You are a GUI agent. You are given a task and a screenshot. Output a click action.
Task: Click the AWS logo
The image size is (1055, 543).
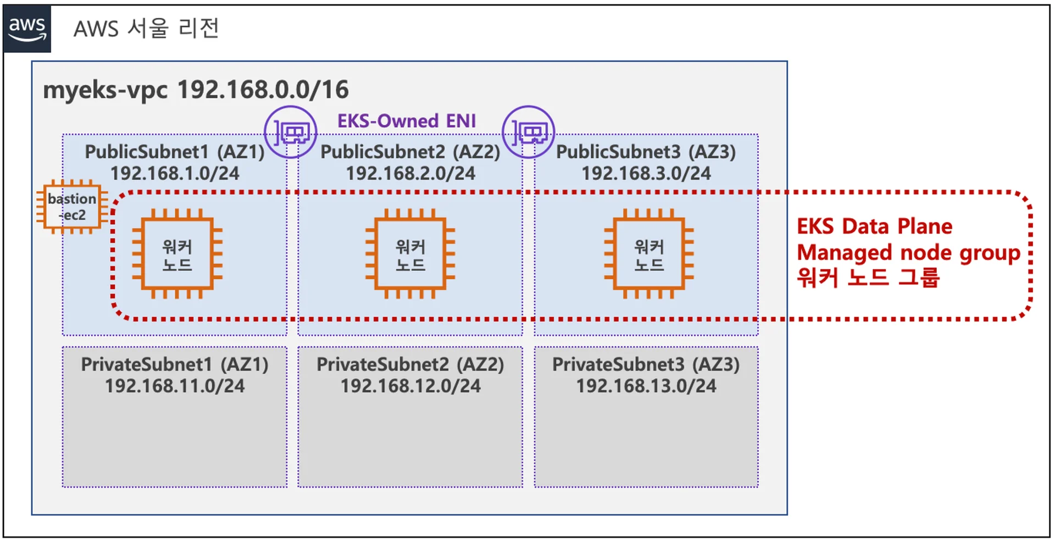(x=27, y=29)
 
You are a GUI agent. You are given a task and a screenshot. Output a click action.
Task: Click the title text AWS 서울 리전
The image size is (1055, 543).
(x=146, y=28)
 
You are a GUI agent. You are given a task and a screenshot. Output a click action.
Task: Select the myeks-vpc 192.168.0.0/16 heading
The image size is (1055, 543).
(x=196, y=90)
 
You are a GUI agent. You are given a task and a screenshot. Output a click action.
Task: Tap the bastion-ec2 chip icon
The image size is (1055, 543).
(x=72, y=207)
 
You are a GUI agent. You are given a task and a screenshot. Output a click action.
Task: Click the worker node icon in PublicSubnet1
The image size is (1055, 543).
(x=177, y=254)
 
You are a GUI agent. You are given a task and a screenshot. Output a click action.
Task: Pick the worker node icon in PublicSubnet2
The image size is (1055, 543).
(x=410, y=254)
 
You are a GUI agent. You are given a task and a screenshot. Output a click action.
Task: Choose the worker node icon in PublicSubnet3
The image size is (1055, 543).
(x=648, y=254)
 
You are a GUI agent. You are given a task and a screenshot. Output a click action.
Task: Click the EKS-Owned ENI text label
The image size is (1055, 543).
(x=407, y=121)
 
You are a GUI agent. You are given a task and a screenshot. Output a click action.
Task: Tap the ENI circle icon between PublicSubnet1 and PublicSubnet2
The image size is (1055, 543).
(x=290, y=132)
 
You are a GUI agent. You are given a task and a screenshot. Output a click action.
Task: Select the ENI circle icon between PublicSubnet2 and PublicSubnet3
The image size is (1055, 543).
(x=528, y=132)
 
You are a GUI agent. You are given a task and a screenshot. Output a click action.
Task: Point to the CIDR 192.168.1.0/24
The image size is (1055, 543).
(x=175, y=174)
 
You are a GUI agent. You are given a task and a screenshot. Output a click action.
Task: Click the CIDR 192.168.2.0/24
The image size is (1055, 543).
(x=410, y=174)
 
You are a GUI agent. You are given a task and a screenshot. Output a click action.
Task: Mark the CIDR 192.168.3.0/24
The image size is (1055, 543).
(x=646, y=174)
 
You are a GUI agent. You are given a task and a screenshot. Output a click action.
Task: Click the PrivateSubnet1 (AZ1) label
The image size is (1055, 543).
(x=175, y=364)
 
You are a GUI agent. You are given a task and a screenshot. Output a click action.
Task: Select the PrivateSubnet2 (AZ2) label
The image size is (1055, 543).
(x=410, y=364)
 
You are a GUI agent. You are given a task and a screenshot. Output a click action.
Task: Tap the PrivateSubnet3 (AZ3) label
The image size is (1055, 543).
(x=646, y=364)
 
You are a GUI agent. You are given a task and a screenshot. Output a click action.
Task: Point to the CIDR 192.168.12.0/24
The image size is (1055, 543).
(x=410, y=386)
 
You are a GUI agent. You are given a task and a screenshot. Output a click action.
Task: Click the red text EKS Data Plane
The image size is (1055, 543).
(x=874, y=226)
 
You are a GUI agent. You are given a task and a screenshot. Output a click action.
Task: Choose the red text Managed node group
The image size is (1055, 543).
(x=908, y=253)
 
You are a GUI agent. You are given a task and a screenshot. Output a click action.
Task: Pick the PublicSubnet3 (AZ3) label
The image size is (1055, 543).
(x=646, y=152)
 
